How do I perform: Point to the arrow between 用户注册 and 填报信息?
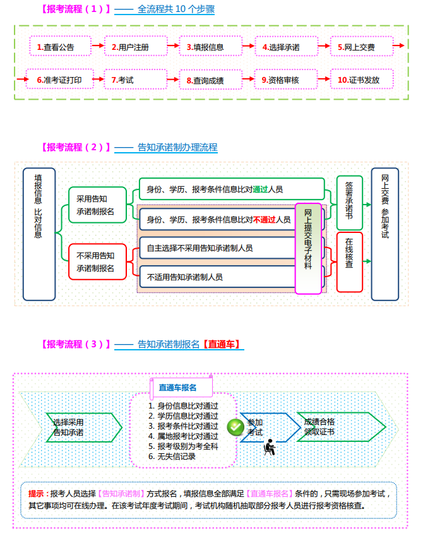(x=172, y=45)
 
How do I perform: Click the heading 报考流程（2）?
(x=74, y=147)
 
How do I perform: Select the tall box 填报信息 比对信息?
(x=39, y=234)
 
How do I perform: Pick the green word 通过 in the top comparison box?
(x=259, y=189)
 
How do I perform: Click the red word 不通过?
(x=264, y=220)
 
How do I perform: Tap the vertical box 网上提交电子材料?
(x=308, y=248)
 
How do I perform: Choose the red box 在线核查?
(x=350, y=261)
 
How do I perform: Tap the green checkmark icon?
(x=235, y=427)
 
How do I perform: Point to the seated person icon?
(x=270, y=446)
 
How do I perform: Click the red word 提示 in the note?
(x=37, y=493)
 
